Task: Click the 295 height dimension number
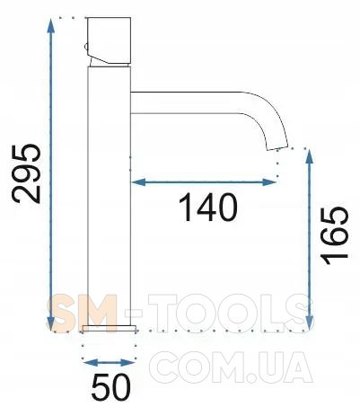coord(26,174)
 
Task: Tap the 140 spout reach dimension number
coord(207,208)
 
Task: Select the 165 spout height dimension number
coord(334,235)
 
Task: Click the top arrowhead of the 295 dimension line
coord(51,26)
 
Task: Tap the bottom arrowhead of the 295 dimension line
coord(50,323)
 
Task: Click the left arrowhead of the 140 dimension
coord(138,182)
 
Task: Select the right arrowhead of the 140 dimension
coord(268,182)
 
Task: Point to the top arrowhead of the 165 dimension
coord(310,156)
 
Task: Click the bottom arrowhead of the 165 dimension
coord(310,323)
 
